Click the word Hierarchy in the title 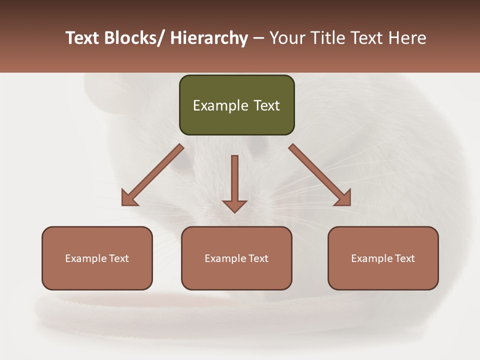(x=208, y=38)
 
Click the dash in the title (x=258, y=38)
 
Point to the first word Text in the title (x=83, y=38)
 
